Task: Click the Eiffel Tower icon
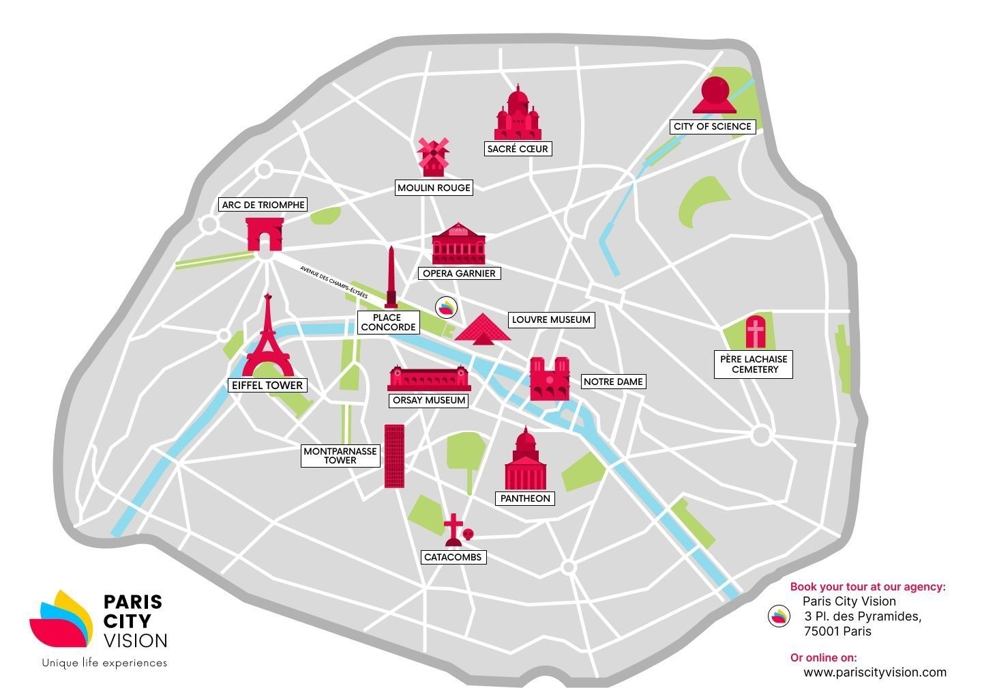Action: (268, 338)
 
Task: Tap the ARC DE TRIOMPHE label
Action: (263, 205)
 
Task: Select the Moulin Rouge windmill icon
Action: (433, 157)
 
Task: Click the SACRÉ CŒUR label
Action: (518, 149)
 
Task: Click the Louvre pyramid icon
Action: (482, 328)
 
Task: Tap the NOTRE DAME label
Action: (612, 382)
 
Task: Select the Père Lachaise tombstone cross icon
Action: (755, 332)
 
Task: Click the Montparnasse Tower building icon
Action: (394, 455)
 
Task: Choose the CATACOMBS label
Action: (453, 557)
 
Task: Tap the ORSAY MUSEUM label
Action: (429, 401)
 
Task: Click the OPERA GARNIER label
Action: (459, 273)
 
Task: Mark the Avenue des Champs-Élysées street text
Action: (333, 282)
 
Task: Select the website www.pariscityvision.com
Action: (874, 672)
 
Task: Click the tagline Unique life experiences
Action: (104, 663)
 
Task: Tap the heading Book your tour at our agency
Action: (867, 586)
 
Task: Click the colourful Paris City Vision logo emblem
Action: (61, 618)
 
